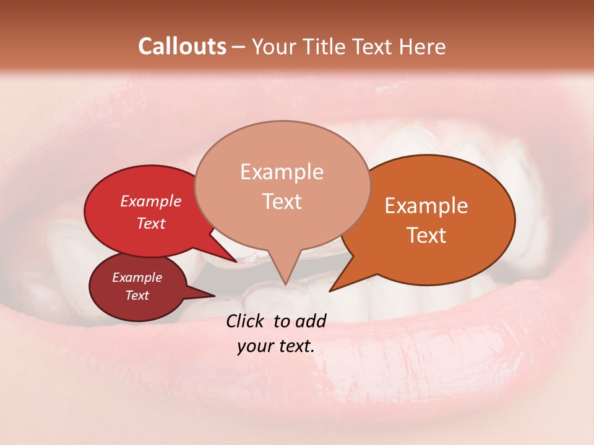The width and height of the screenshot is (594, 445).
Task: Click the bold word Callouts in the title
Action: (x=182, y=46)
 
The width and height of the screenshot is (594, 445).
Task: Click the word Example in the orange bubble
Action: (x=426, y=205)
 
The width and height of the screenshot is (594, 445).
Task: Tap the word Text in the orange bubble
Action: (x=426, y=235)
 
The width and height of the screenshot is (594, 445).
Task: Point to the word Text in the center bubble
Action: (x=282, y=201)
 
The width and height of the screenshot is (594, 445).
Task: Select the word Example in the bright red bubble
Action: (x=150, y=201)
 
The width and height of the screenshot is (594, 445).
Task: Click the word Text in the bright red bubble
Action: (x=150, y=223)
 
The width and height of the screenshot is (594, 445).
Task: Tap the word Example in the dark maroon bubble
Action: (x=137, y=278)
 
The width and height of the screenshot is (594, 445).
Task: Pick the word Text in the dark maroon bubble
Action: (x=137, y=295)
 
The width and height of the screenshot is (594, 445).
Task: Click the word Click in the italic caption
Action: (x=248, y=321)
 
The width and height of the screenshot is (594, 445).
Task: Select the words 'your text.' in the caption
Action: (x=275, y=346)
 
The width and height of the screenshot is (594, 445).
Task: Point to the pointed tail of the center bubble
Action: (x=285, y=278)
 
